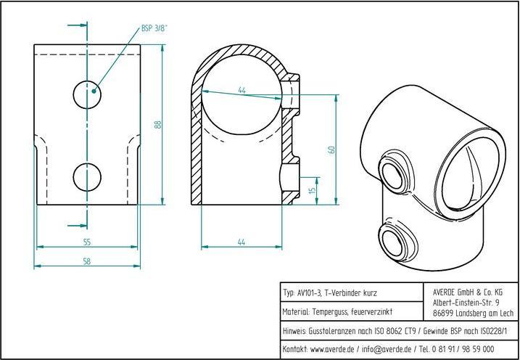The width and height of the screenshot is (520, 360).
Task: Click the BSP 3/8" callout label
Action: (154, 30)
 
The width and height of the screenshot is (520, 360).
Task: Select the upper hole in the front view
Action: (87, 92)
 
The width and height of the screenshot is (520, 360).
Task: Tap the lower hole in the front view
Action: (87, 175)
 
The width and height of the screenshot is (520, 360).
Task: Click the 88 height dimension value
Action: (157, 124)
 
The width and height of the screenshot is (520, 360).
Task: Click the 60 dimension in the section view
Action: (331, 150)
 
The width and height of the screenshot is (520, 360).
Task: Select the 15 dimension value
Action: (312, 191)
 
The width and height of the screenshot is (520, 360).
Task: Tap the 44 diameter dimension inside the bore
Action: (242, 90)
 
